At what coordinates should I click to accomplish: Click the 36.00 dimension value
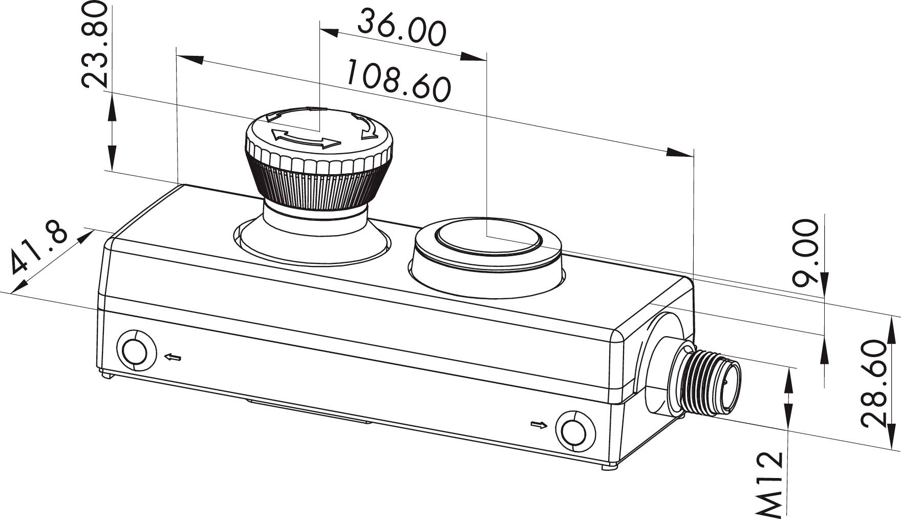click(x=402, y=28)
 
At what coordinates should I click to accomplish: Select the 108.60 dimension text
click(x=398, y=81)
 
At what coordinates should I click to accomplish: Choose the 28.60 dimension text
click(x=873, y=383)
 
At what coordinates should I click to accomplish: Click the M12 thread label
click(x=770, y=484)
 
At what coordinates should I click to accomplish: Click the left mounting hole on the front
click(x=136, y=350)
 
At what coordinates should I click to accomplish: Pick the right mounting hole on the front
click(x=575, y=430)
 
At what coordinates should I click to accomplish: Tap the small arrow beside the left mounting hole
click(x=171, y=357)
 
